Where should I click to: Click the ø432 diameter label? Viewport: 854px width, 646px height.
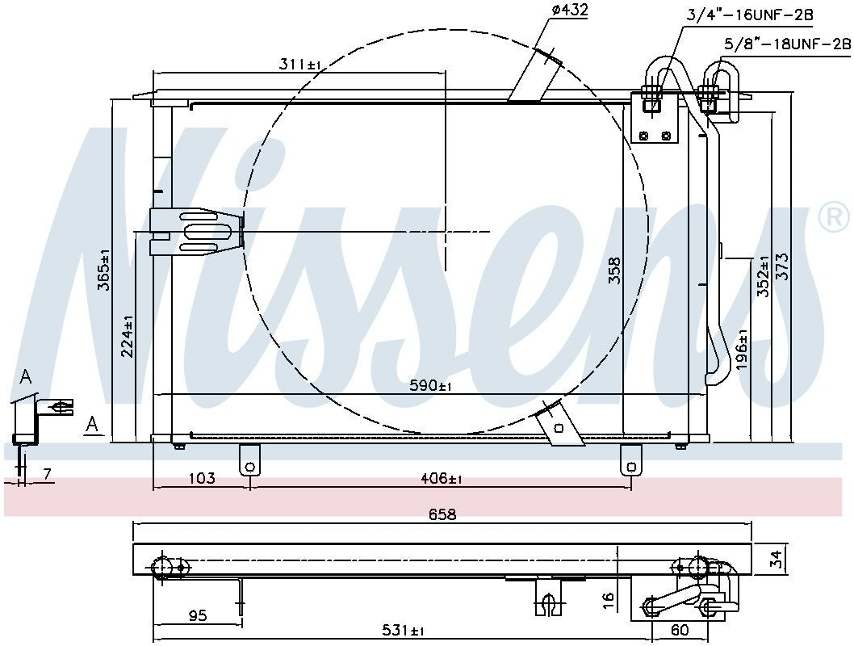(569, 10)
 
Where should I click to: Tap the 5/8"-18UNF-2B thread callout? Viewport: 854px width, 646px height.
(787, 44)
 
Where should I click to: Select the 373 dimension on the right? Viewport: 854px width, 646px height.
(782, 266)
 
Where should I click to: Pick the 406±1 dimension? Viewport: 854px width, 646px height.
(441, 479)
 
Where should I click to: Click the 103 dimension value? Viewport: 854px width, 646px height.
(201, 479)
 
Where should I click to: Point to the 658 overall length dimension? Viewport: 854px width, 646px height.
(442, 514)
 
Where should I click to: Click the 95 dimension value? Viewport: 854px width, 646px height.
(196, 616)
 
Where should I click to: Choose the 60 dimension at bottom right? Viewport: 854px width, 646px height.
(680, 630)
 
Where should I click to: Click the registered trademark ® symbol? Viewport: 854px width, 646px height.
(833, 216)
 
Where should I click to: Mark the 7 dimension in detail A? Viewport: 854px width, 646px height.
(48, 475)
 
